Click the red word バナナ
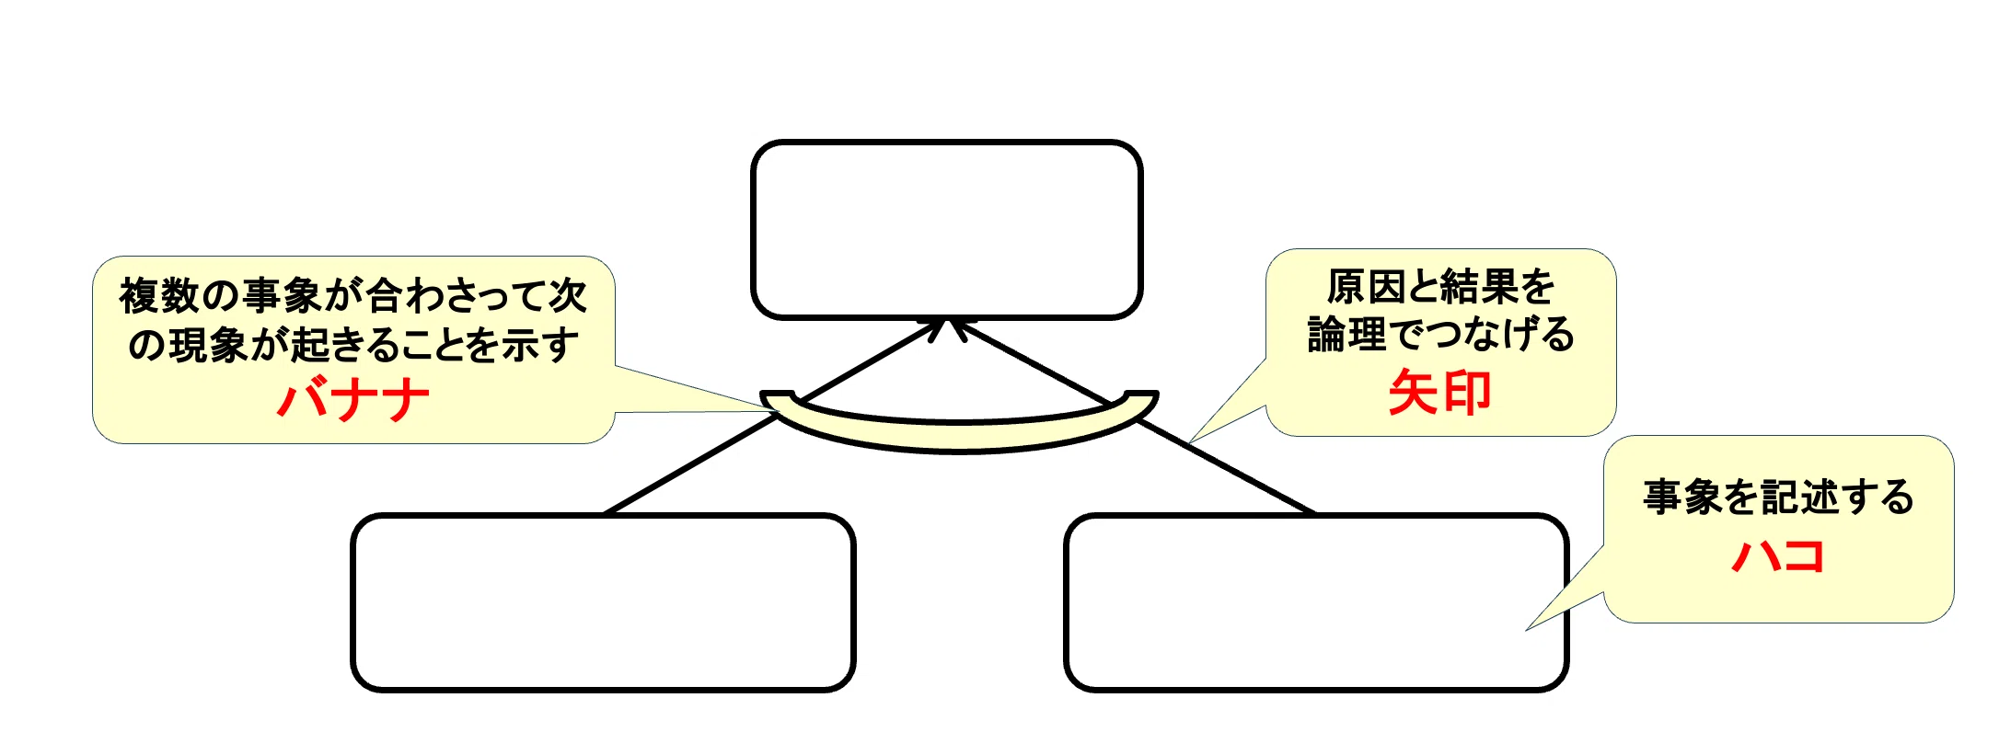click(353, 401)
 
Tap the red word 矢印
click(1440, 393)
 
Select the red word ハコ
click(1778, 555)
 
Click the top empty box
click(947, 230)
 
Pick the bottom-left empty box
click(603, 602)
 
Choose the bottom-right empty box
click(1316, 602)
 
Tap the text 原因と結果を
click(1440, 287)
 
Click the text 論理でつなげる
click(1440, 334)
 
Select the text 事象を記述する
click(1778, 498)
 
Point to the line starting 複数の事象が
click(353, 295)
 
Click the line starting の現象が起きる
click(353, 345)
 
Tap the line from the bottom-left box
click(775, 417)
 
